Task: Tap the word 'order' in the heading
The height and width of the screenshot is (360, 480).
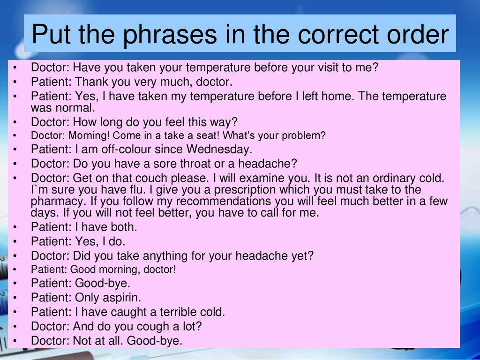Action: pyautogui.click(x=418, y=34)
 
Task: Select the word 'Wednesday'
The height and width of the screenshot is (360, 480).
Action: pyautogui.click(x=219, y=149)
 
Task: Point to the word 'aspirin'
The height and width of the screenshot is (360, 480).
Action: pyautogui.click(x=121, y=298)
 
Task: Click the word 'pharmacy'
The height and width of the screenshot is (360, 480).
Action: pyautogui.click(x=57, y=202)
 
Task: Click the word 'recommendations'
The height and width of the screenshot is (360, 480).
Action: pyautogui.click(x=224, y=201)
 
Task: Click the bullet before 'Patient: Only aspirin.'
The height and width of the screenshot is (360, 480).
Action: pyautogui.click(x=15, y=298)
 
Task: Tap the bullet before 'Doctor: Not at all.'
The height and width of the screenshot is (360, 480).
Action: pyautogui.click(x=15, y=341)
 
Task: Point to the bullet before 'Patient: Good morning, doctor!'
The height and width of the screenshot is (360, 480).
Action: pyautogui.click(x=15, y=270)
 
